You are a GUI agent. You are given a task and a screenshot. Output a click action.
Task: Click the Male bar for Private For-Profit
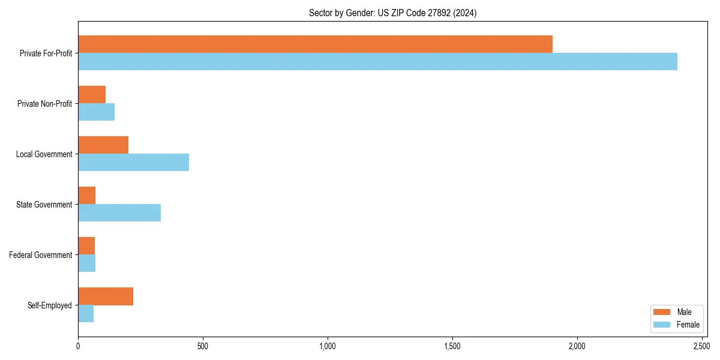pos(315,44)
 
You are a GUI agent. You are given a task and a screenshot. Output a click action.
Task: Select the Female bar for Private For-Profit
pos(377,62)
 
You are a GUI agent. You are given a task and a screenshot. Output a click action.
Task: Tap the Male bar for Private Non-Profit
pos(92,95)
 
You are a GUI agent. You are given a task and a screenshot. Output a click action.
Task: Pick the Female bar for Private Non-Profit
pos(96,112)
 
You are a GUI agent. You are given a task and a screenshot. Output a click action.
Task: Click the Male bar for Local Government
pos(103,145)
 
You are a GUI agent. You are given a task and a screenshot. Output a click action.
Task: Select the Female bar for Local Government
pos(133,163)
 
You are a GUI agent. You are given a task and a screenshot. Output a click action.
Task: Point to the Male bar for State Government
pos(87,196)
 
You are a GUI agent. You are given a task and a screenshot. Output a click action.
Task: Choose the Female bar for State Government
pos(119,213)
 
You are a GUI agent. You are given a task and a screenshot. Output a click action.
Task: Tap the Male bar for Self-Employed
pos(106,296)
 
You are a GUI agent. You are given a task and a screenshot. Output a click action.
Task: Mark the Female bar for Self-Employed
pos(86,314)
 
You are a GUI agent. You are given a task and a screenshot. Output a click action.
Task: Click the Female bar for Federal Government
pos(87,263)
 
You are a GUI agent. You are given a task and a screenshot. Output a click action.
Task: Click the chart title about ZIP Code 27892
pos(392,13)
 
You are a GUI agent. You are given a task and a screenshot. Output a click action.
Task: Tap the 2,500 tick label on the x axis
pos(701,346)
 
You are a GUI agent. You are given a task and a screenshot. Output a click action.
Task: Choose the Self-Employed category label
pos(50,305)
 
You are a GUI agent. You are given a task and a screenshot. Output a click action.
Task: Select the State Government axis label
pos(44,205)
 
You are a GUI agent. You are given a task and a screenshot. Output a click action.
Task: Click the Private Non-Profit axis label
pos(44,104)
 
